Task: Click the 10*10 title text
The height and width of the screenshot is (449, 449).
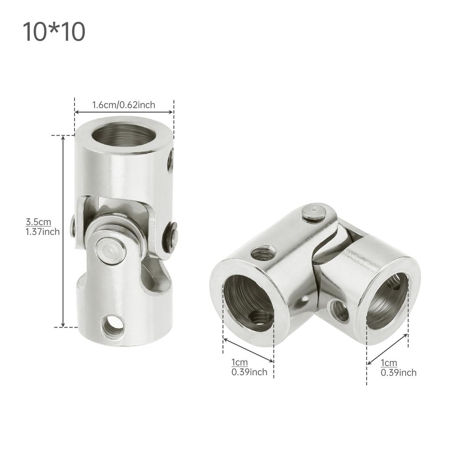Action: (53, 32)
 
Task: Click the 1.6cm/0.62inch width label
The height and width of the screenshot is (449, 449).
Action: (123, 105)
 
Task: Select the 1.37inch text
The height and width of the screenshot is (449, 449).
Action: (42, 232)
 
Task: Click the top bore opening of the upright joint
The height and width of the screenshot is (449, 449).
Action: (123, 135)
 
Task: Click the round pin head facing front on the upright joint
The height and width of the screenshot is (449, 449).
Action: (107, 251)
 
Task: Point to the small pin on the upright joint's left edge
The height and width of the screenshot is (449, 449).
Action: (73, 226)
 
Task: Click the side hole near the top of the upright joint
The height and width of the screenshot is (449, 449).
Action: (170, 161)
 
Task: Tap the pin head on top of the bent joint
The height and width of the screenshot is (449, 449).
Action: (314, 213)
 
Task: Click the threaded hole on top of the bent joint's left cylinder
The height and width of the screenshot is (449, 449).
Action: (263, 253)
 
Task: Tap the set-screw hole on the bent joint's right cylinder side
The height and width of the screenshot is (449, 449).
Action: (339, 311)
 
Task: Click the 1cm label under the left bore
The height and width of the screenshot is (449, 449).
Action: (239, 363)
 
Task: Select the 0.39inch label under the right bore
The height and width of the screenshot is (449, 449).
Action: (398, 373)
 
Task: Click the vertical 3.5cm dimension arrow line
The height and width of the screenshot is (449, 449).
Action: (64, 231)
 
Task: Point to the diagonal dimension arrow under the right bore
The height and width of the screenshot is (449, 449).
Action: (387, 349)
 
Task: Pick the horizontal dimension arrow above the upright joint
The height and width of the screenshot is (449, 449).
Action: (124, 112)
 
